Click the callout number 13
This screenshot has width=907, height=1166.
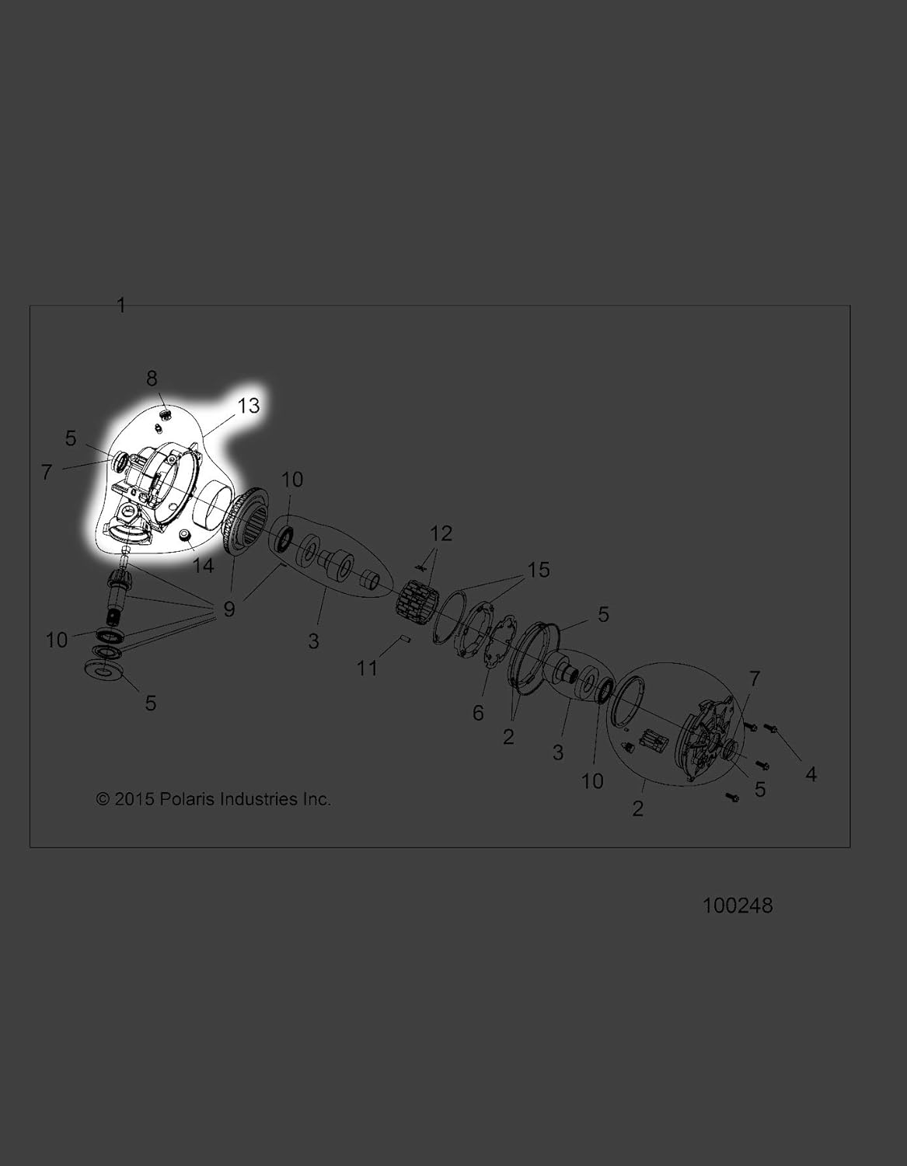[x=249, y=406]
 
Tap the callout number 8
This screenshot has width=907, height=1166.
[x=152, y=379]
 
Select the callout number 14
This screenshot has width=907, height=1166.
[x=204, y=565]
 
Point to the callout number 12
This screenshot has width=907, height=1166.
[x=441, y=533]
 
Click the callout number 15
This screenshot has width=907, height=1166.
[x=539, y=570]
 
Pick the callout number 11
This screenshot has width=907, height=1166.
[x=368, y=669]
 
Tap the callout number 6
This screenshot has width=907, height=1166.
[x=478, y=713]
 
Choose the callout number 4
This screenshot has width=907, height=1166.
[x=811, y=774]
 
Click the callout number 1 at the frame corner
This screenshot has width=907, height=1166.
[x=120, y=305]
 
